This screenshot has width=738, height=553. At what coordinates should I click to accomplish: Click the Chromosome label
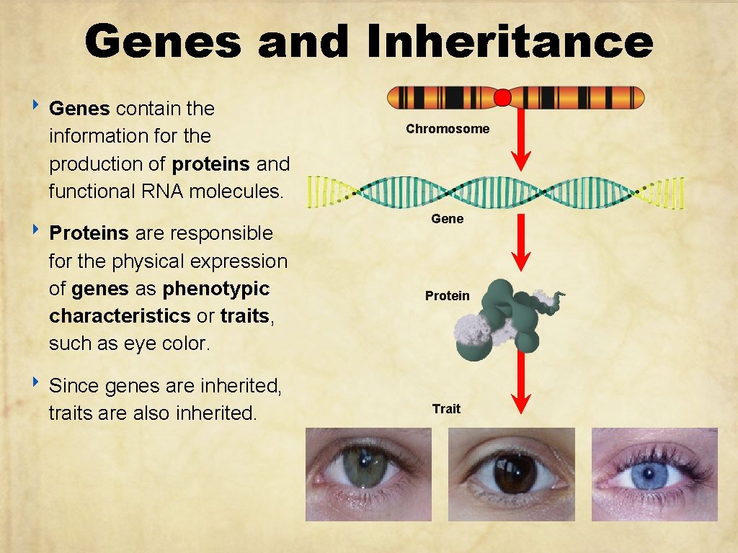pyautogui.click(x=448, y=129)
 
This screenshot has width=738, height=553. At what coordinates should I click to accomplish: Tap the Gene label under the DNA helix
pyautogui.click(x=448, y=218)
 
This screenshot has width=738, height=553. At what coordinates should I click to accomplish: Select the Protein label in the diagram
pyautogui.click(x=447, y=295)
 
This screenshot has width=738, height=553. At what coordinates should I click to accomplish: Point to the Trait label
pyautogui.click(x=446, y=409)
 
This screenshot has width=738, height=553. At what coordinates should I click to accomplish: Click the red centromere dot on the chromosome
pyautogui.click(x=503, y=96)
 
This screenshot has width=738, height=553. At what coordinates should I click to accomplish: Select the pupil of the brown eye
pyautogui.click(x=514, y=476)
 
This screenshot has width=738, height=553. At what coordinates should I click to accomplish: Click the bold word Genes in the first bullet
pyautogui.click(x=79, y=109)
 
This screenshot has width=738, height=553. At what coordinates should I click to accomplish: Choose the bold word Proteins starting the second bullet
pyautogui.click(x=89, y=233)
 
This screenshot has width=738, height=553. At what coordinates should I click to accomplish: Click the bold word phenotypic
pyautogui.click(x=216, y=289)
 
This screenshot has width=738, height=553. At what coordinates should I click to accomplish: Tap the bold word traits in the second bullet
pyautogui.click(x=245, y=316)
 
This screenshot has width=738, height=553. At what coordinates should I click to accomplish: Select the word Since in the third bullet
pyautogui.click(x=74, y=386)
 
